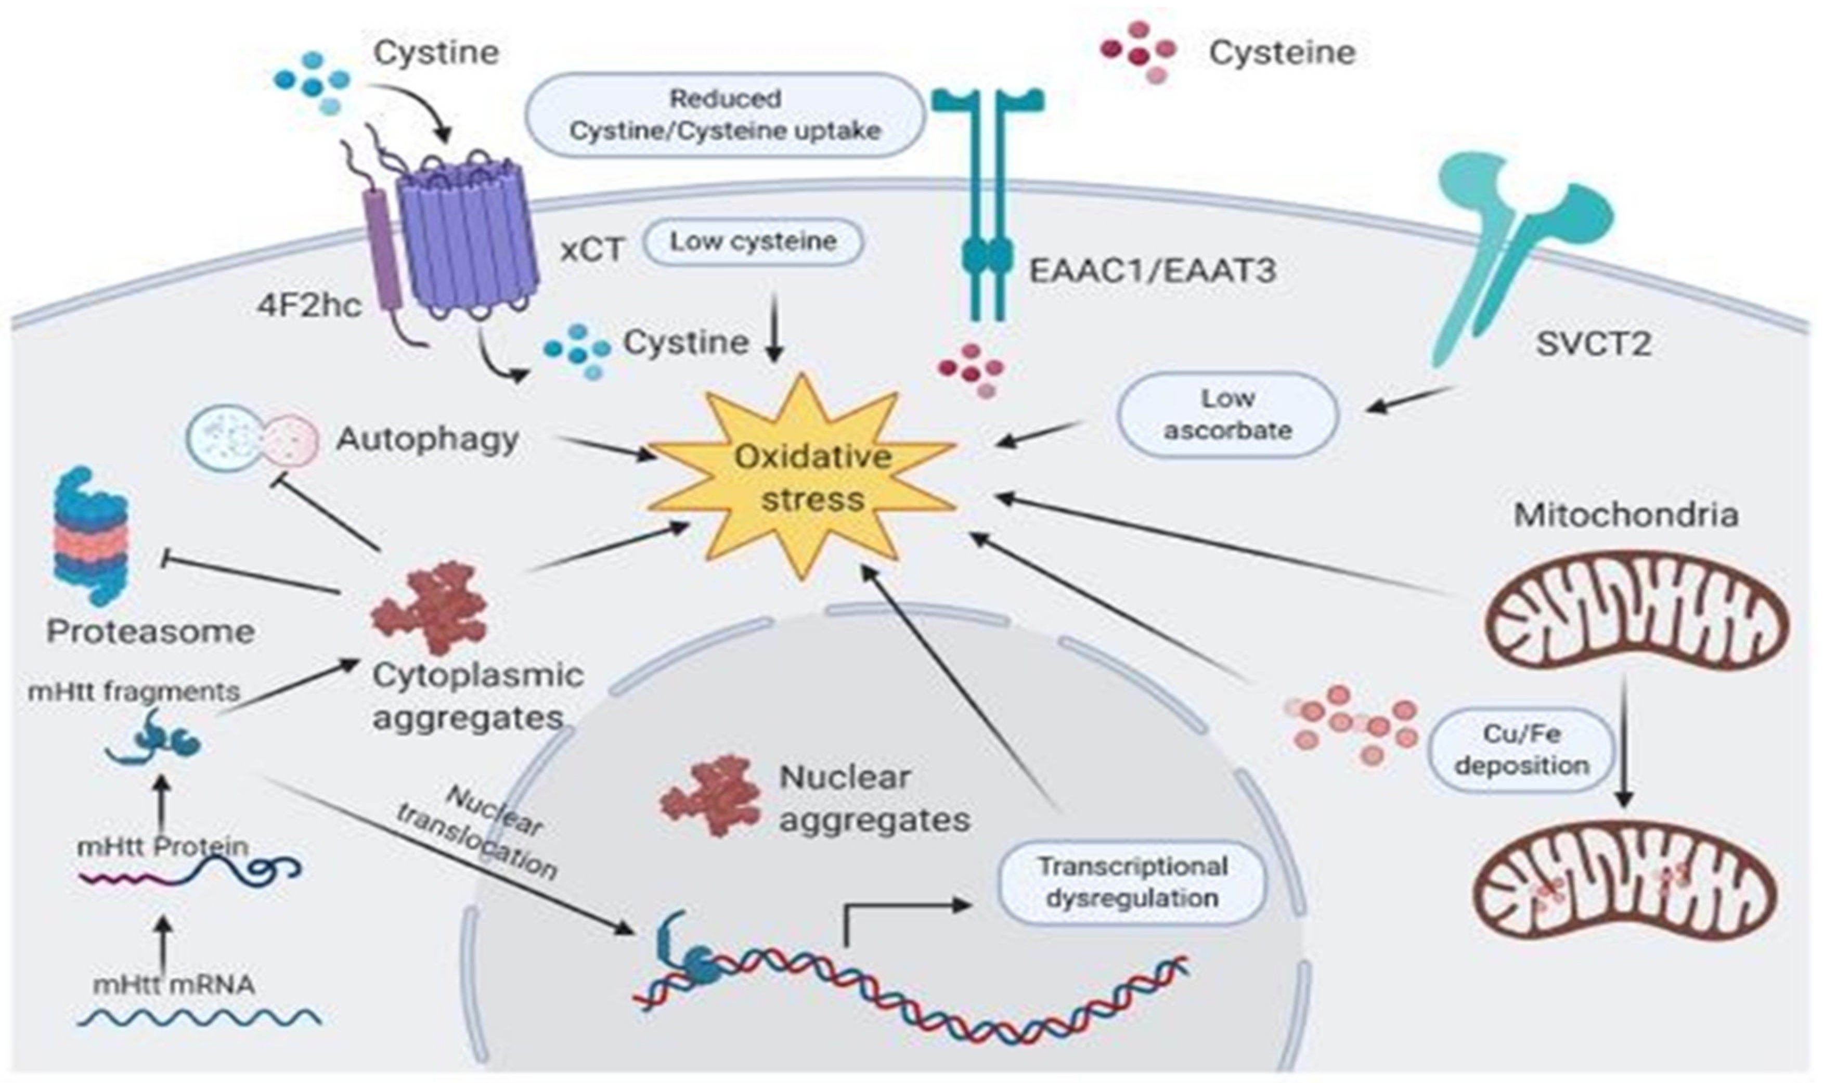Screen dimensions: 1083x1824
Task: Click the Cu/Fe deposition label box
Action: (1521, 750)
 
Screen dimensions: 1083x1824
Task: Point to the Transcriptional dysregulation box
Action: (1132, 882)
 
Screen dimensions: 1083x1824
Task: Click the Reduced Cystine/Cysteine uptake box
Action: (725, 114)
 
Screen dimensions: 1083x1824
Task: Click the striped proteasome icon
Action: (91, 536)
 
